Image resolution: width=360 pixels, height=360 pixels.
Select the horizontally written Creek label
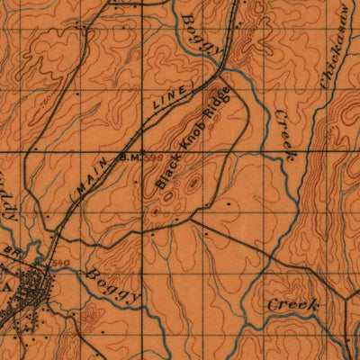[x=292, y=306]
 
